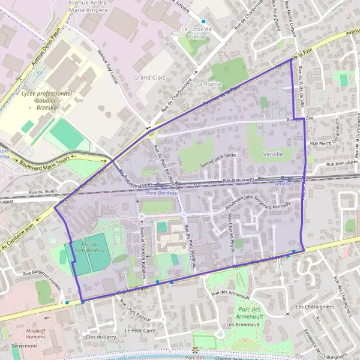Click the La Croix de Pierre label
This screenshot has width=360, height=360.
pos(193,32)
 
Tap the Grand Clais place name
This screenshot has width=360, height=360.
pos(150,77)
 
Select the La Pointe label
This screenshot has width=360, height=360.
pos(208,84)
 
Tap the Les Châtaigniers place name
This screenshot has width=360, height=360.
pos(311,307)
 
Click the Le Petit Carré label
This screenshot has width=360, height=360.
pos(140,331)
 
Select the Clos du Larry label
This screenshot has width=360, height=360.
pos(100,337)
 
